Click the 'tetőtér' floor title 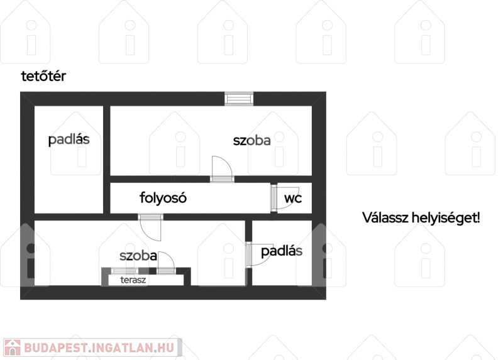43,76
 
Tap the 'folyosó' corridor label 163,198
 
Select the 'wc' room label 293,198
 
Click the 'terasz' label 133,280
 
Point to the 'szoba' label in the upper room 252,140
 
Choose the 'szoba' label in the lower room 138,256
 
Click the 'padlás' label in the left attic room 69,139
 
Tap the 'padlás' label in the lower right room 282,251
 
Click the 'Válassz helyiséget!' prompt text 421,217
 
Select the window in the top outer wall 239,99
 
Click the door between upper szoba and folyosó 222,169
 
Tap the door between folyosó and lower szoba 150,227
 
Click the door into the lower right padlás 259,254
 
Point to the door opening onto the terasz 166,263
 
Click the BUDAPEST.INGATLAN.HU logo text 99,348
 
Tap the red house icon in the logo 12,347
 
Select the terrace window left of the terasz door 124,271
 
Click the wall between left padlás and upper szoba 106,160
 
